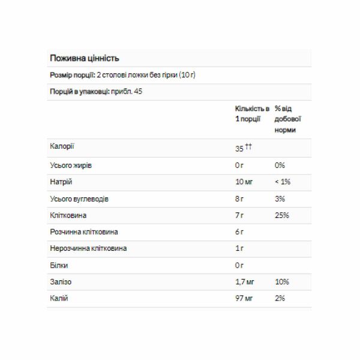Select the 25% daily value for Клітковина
pos(282,215)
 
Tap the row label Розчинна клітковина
pos(83,232)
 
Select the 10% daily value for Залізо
pos(282,281)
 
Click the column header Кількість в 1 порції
pos(251,113)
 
